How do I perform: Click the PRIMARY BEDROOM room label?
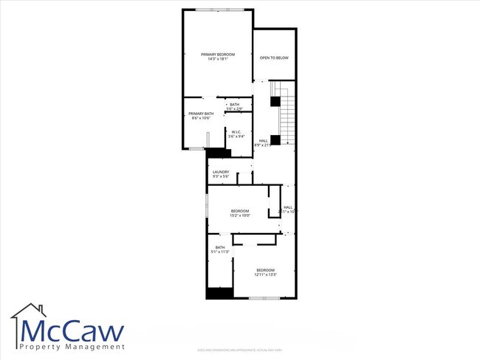218,55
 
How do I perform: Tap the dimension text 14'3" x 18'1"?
218,60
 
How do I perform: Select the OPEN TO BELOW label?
273,58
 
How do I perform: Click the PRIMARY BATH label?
201,114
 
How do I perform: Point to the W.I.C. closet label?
236,131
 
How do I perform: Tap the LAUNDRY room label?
221,173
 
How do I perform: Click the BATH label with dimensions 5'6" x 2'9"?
234,105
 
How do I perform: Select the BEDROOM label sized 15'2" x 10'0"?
240,211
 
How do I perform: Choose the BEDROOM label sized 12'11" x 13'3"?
266,270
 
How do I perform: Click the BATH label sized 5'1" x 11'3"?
220,247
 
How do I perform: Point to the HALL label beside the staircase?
263,140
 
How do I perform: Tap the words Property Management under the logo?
72,347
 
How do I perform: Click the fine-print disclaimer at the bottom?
239,350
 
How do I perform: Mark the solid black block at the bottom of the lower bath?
219,293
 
